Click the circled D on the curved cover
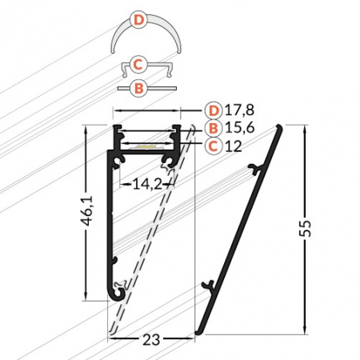138,20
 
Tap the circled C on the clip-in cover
138,64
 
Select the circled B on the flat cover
139,88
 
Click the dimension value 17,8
240,110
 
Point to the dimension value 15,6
240,128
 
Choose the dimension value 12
234,146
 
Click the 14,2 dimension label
147,184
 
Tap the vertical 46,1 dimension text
88,211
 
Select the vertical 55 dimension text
305,228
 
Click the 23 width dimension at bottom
151,340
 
